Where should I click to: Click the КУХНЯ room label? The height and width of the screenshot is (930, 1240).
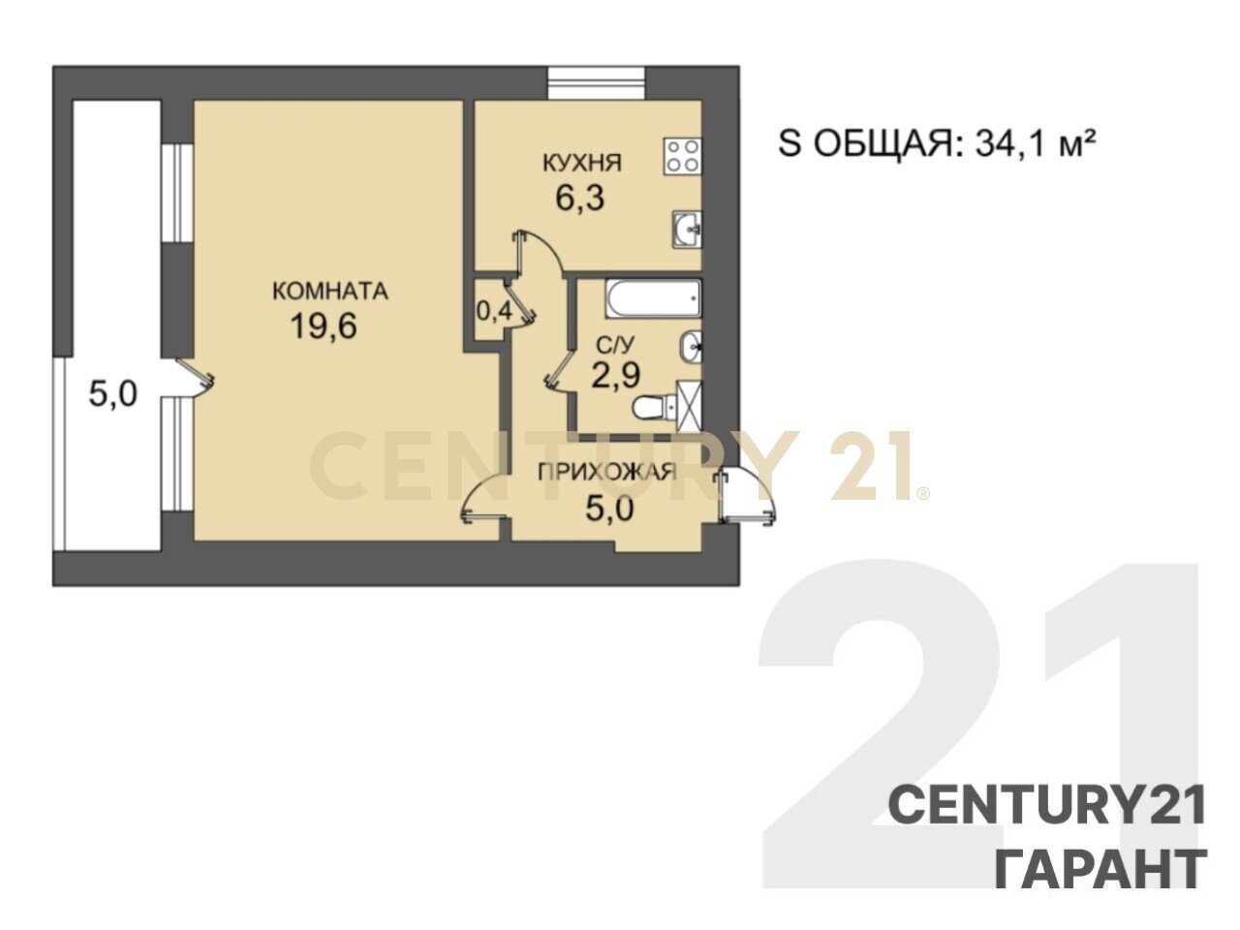(581, 163)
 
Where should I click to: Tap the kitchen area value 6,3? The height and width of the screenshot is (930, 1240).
(579, 199)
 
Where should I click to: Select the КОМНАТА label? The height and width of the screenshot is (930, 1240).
(330, 292)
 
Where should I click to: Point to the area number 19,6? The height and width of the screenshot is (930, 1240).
(324, 325)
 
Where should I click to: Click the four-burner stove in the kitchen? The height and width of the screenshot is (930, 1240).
(683, 156)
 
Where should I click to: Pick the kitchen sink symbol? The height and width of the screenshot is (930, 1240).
(687, 230)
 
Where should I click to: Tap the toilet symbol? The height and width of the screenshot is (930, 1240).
(653, 407)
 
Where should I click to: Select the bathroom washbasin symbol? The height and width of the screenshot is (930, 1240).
(692, 347)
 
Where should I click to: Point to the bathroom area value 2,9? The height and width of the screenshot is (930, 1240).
(615, 375)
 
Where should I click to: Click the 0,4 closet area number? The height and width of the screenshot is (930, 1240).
(494, 311)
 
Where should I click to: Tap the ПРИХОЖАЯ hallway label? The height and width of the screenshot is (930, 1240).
(606, 472)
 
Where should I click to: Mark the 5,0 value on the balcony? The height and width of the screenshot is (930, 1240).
(113, 393)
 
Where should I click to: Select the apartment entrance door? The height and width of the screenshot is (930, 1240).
(746, 498)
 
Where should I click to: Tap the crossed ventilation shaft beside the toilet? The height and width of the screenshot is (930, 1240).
(689, 406)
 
